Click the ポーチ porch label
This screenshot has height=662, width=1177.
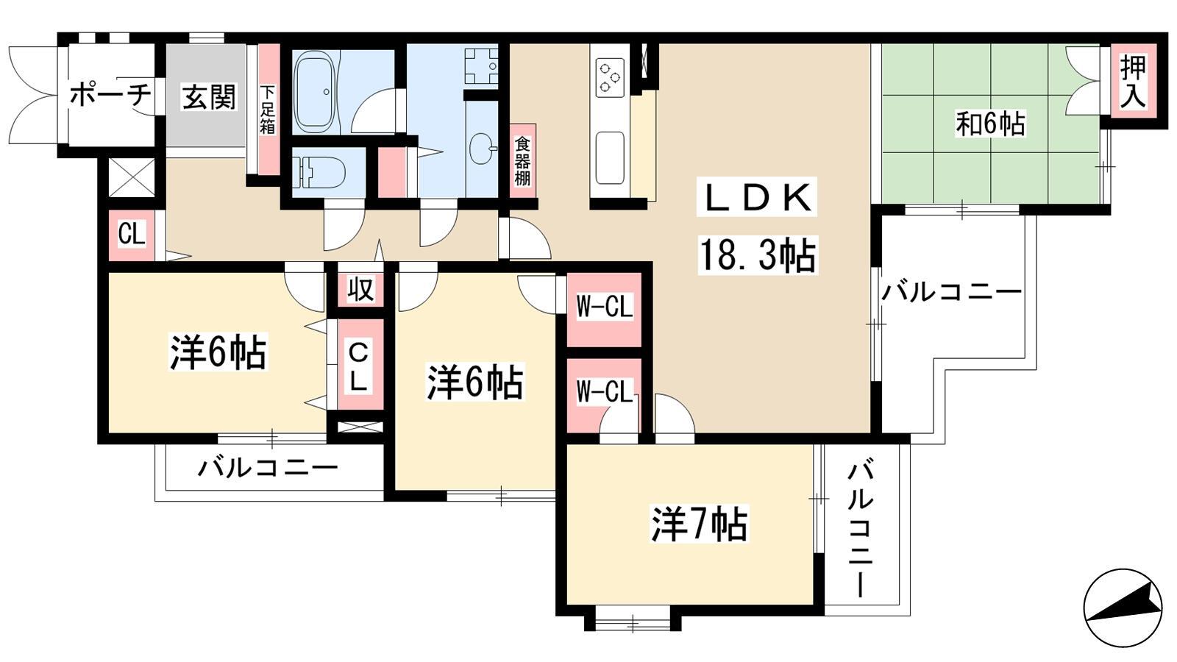coord(110,96)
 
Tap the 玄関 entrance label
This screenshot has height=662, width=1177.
coord(209,96)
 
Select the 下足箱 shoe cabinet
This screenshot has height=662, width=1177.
coord(269,110)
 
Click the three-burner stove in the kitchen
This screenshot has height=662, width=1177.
coord(610,77)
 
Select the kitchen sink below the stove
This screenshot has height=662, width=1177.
coord(610,157)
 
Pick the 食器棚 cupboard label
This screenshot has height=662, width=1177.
coord(522,161)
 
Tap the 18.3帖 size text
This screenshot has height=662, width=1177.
coord(757,255)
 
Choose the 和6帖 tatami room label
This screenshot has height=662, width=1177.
coord(990,124)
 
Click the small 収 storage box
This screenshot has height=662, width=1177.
coord(360,289)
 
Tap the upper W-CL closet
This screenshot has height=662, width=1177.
coord(604,309)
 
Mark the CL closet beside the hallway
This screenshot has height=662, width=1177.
coord(132,235)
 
